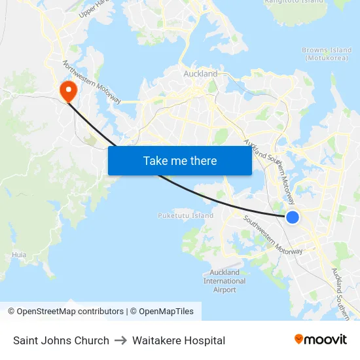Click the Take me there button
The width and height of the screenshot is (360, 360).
click(180, 160)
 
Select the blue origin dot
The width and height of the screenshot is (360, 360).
click(293, 217)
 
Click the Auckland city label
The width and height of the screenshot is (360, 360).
click(200, 74)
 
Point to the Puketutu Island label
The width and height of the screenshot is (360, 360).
click(186, 215)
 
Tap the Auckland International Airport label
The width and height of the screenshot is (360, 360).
click(225, 281)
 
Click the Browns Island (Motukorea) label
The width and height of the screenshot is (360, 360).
click(327, 54)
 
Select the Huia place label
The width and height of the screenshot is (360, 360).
click(20, 255)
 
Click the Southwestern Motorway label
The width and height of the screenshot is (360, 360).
click(273, 235)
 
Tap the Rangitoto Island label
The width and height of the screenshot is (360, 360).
click(294, 2)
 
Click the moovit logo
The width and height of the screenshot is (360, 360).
click(320, 340)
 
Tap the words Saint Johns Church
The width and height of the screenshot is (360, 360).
click(61, 340)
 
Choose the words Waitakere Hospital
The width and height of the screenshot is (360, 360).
click(179, 340)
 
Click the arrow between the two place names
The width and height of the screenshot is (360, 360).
click(120, 340)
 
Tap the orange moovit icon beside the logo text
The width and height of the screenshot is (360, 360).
click(299, 339)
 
